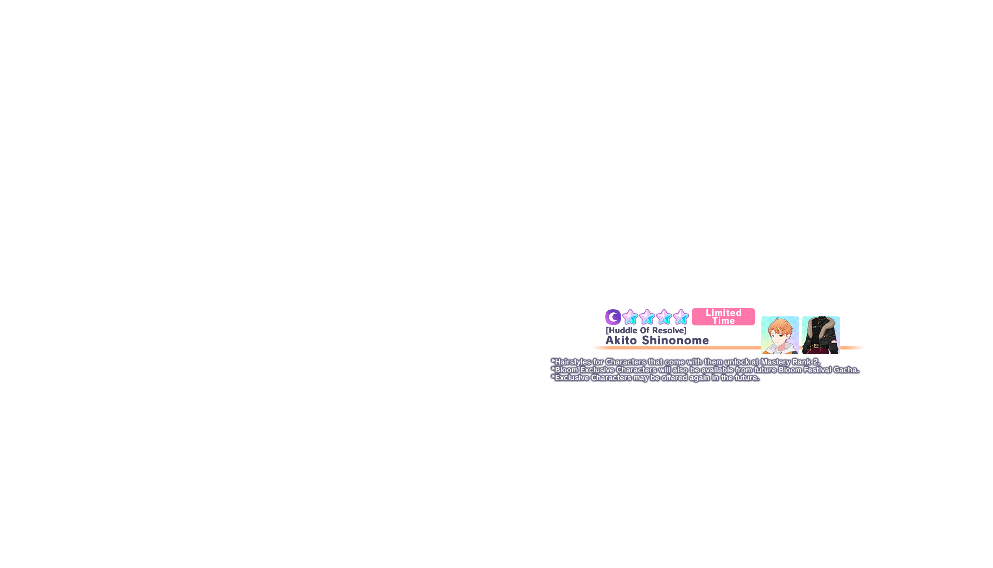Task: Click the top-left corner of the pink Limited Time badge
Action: [x=692, y=308]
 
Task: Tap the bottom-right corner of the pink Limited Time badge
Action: [x=755, y=325]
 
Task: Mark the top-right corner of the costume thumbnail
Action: [x=840, y=317]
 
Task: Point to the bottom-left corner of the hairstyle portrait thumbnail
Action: [x=762, y=354]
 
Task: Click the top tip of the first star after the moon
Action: [x=630, y=310]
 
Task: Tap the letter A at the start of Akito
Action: [x=610, y=340]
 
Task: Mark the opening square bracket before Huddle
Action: [x=607, y=331]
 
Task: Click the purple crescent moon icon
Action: [x=613, y=317]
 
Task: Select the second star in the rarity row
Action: [x=647, y=317]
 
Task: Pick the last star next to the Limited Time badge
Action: [x=681, y=317]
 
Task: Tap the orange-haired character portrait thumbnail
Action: [x=780, y=335]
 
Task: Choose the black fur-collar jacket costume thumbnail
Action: [x=821, y=335]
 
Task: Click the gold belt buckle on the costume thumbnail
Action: [x=816, y=346]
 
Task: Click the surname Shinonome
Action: [x=675, y=340]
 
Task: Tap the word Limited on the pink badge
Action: [x=723, y=313]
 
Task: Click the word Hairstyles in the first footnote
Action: [x=573, y=362]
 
